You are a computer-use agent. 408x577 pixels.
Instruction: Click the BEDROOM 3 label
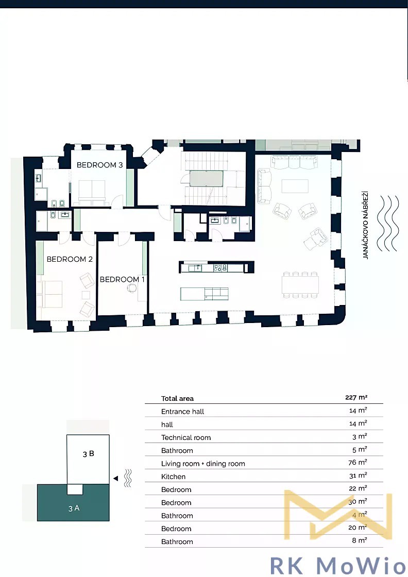tap(100, 165)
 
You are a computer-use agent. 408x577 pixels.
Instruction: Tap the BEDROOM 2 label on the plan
tap(70, 260)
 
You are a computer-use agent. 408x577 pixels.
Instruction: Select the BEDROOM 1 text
tap(122, 280)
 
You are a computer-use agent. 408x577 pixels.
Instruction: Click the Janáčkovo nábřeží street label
tap(365, 225)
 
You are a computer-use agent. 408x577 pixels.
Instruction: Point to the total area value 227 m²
tap(356, 397)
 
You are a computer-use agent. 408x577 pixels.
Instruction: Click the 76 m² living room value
tap(358, 462)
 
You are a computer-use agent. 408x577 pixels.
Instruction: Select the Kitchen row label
tap(173, 477)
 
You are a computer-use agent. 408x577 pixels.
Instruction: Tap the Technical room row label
tap(186, 437)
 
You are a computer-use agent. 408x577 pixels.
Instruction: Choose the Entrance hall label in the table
tap(182, 412)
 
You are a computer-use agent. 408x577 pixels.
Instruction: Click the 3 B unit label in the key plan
tap(88, 454)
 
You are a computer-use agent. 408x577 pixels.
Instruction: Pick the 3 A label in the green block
tap(74, 508)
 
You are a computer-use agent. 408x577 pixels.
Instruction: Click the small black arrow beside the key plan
tap(115, 479)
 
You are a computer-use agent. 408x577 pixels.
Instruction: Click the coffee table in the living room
tap(295, 186)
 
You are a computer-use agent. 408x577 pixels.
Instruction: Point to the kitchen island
tap(204, 294)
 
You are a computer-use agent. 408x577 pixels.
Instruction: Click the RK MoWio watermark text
tap(338, 565)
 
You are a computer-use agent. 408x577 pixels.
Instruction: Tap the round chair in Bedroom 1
tap(132, 288)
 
